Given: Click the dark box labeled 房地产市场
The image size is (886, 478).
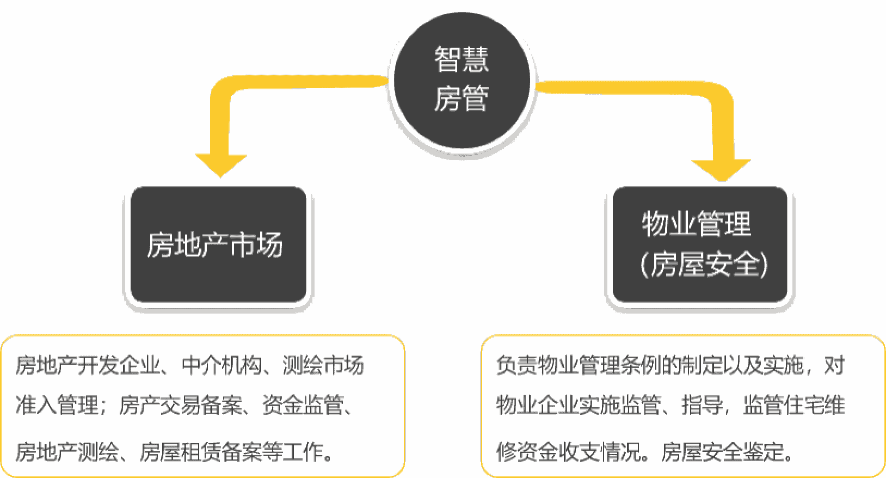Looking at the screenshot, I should click(218, 244).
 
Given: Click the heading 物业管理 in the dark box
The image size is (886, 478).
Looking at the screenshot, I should click(697, 224).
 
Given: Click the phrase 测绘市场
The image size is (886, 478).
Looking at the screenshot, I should click(323, 365).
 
